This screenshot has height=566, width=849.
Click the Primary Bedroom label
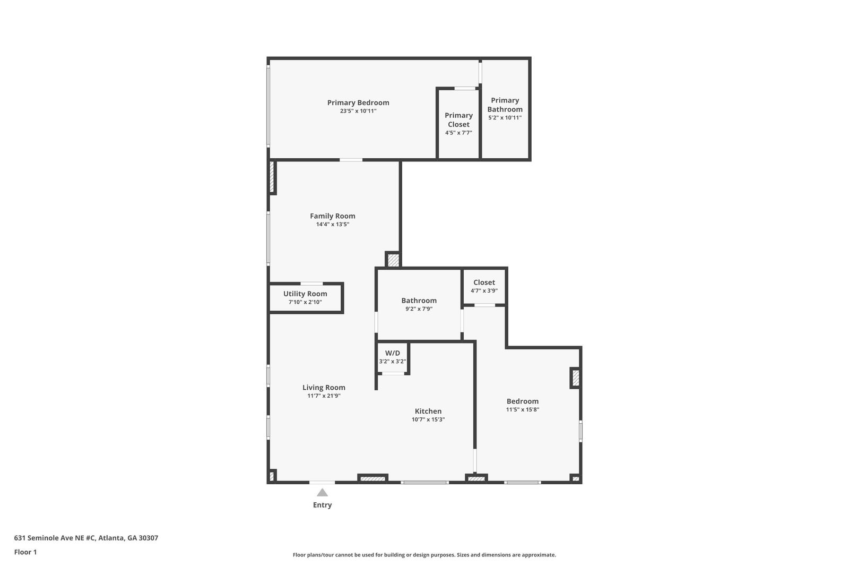click(358, 102)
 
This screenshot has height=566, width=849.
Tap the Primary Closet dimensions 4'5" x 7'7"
click(458, 133)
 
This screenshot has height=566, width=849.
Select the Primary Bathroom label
click(505, 105)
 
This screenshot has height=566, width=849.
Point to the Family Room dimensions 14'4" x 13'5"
click(333, 224)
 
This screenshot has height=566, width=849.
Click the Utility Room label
click(305, 294)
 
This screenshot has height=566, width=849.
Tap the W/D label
click(393, 353)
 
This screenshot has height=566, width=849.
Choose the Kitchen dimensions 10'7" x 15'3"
click(428, 419)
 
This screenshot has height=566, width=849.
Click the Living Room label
click(324, 388)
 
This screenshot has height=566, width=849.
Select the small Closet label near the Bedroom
click(484, 282)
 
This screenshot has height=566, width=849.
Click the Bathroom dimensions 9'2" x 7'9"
click(419, 308)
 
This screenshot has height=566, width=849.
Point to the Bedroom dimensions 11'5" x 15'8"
click(522, 409)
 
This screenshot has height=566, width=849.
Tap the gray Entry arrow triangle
click(322, 493)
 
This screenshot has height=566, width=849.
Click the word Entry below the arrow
click(322, 505)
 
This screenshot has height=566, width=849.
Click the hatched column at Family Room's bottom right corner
click(393, 260)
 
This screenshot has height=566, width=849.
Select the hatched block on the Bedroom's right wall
click(575, 378)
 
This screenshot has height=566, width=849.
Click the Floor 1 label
click(25, 552)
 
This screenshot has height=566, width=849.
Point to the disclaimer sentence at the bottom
click(424, 555)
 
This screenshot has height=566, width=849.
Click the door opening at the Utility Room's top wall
click(311, 284)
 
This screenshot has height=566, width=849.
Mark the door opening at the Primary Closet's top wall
click(465, 88)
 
